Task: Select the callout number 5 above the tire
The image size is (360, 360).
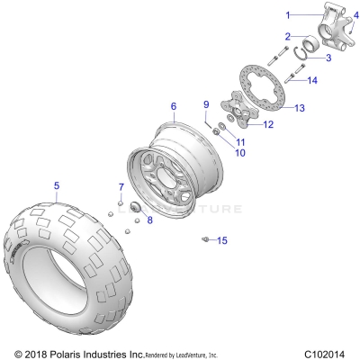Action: pos(56,186)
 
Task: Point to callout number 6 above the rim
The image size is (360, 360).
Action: pos(173,106)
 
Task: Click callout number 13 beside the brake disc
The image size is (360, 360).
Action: pos(301,107)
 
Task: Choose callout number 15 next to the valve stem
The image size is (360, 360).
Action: pos(223,240)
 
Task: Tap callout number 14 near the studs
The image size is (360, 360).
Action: pos(312,81)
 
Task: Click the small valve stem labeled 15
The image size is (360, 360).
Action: pos(205,238)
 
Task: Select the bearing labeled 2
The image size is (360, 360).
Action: pos(304,44)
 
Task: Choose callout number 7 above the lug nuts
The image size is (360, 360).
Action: pos(121,186)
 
